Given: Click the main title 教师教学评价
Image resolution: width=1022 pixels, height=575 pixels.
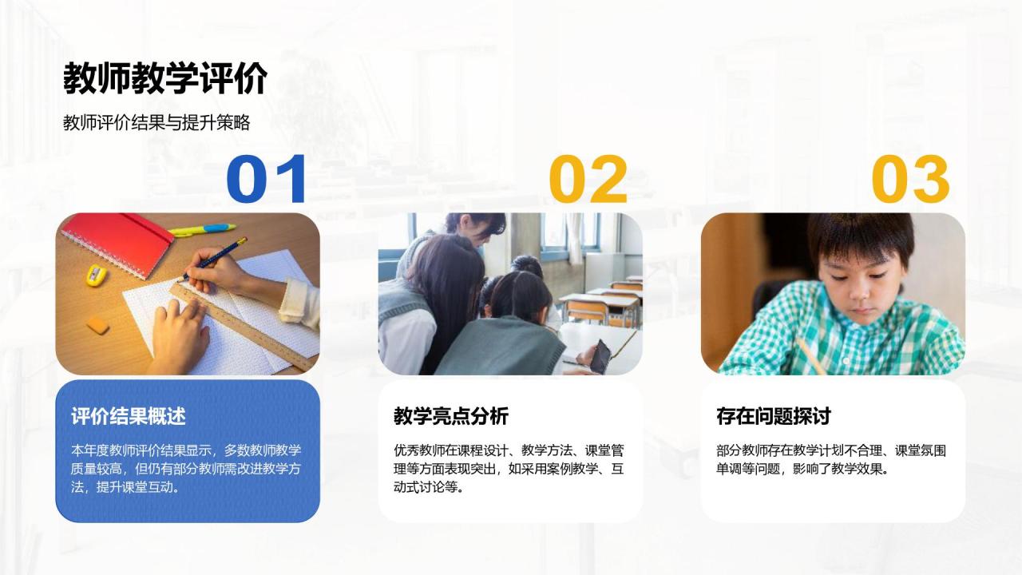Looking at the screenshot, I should pyautogui.click(x=164, y=79).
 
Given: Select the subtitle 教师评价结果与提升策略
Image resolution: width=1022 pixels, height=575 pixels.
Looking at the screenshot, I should pyautogui.click(x=156, y=123).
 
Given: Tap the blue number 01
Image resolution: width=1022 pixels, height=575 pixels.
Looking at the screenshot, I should pyautogui.click(x=267, y=180).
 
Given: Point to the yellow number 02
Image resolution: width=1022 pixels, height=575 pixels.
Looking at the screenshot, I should pyautogui.click(x=588, y=180).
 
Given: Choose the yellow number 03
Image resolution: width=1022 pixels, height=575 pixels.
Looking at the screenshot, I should pyautogui.click(x=911, y=180).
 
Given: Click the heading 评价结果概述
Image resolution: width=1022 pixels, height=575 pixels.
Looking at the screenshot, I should pyautogui.click(x=129, y=416).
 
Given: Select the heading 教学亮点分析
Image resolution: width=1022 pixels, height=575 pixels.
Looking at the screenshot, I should pyautogui.click(x=451, y=416).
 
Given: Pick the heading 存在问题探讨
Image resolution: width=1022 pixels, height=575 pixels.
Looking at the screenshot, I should pyautogui.click(x=774, y=416).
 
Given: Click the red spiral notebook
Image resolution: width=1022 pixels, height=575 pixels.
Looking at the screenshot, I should pyautogui.click(x=117, y=244).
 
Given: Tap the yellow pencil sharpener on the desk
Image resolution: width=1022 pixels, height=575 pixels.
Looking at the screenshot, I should pyautogui.click(x=97, y=275).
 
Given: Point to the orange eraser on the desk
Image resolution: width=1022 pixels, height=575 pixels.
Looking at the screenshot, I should pyautogui.click(x=97, y=324).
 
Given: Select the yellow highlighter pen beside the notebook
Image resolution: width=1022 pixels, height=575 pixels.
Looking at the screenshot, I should pyautogui.click(x=203, y=230).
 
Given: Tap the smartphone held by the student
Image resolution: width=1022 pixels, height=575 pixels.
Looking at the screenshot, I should pyautogui.click(x=600, y=355).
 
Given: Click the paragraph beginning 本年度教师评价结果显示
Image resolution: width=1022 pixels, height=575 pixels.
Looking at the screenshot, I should pyautogui.click(x=186, y=468).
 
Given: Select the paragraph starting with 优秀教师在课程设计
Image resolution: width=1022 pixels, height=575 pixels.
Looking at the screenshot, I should pyautogui.click(x=509, y=468).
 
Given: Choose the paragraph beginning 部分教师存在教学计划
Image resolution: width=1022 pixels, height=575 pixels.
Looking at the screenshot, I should pyautogui.click(x=831, y=459).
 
